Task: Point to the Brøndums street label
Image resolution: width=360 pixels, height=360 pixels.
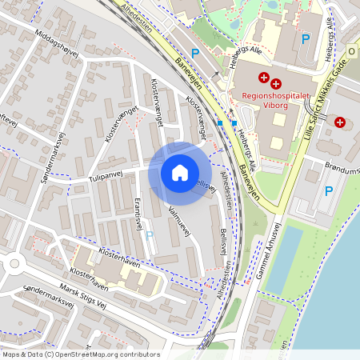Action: (x=342, y=167)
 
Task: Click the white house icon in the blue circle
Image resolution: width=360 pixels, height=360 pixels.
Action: (x=180, y=172)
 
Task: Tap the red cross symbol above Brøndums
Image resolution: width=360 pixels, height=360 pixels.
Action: (x=340, y=122)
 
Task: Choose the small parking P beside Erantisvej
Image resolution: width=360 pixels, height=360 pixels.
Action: (x=149, y=236)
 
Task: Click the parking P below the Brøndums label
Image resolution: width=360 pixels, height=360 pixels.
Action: (x=328, y=191)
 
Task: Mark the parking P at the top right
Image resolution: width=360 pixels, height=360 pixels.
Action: (x=305, y=39)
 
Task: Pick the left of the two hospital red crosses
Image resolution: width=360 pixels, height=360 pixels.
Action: (x=263, y=78)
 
